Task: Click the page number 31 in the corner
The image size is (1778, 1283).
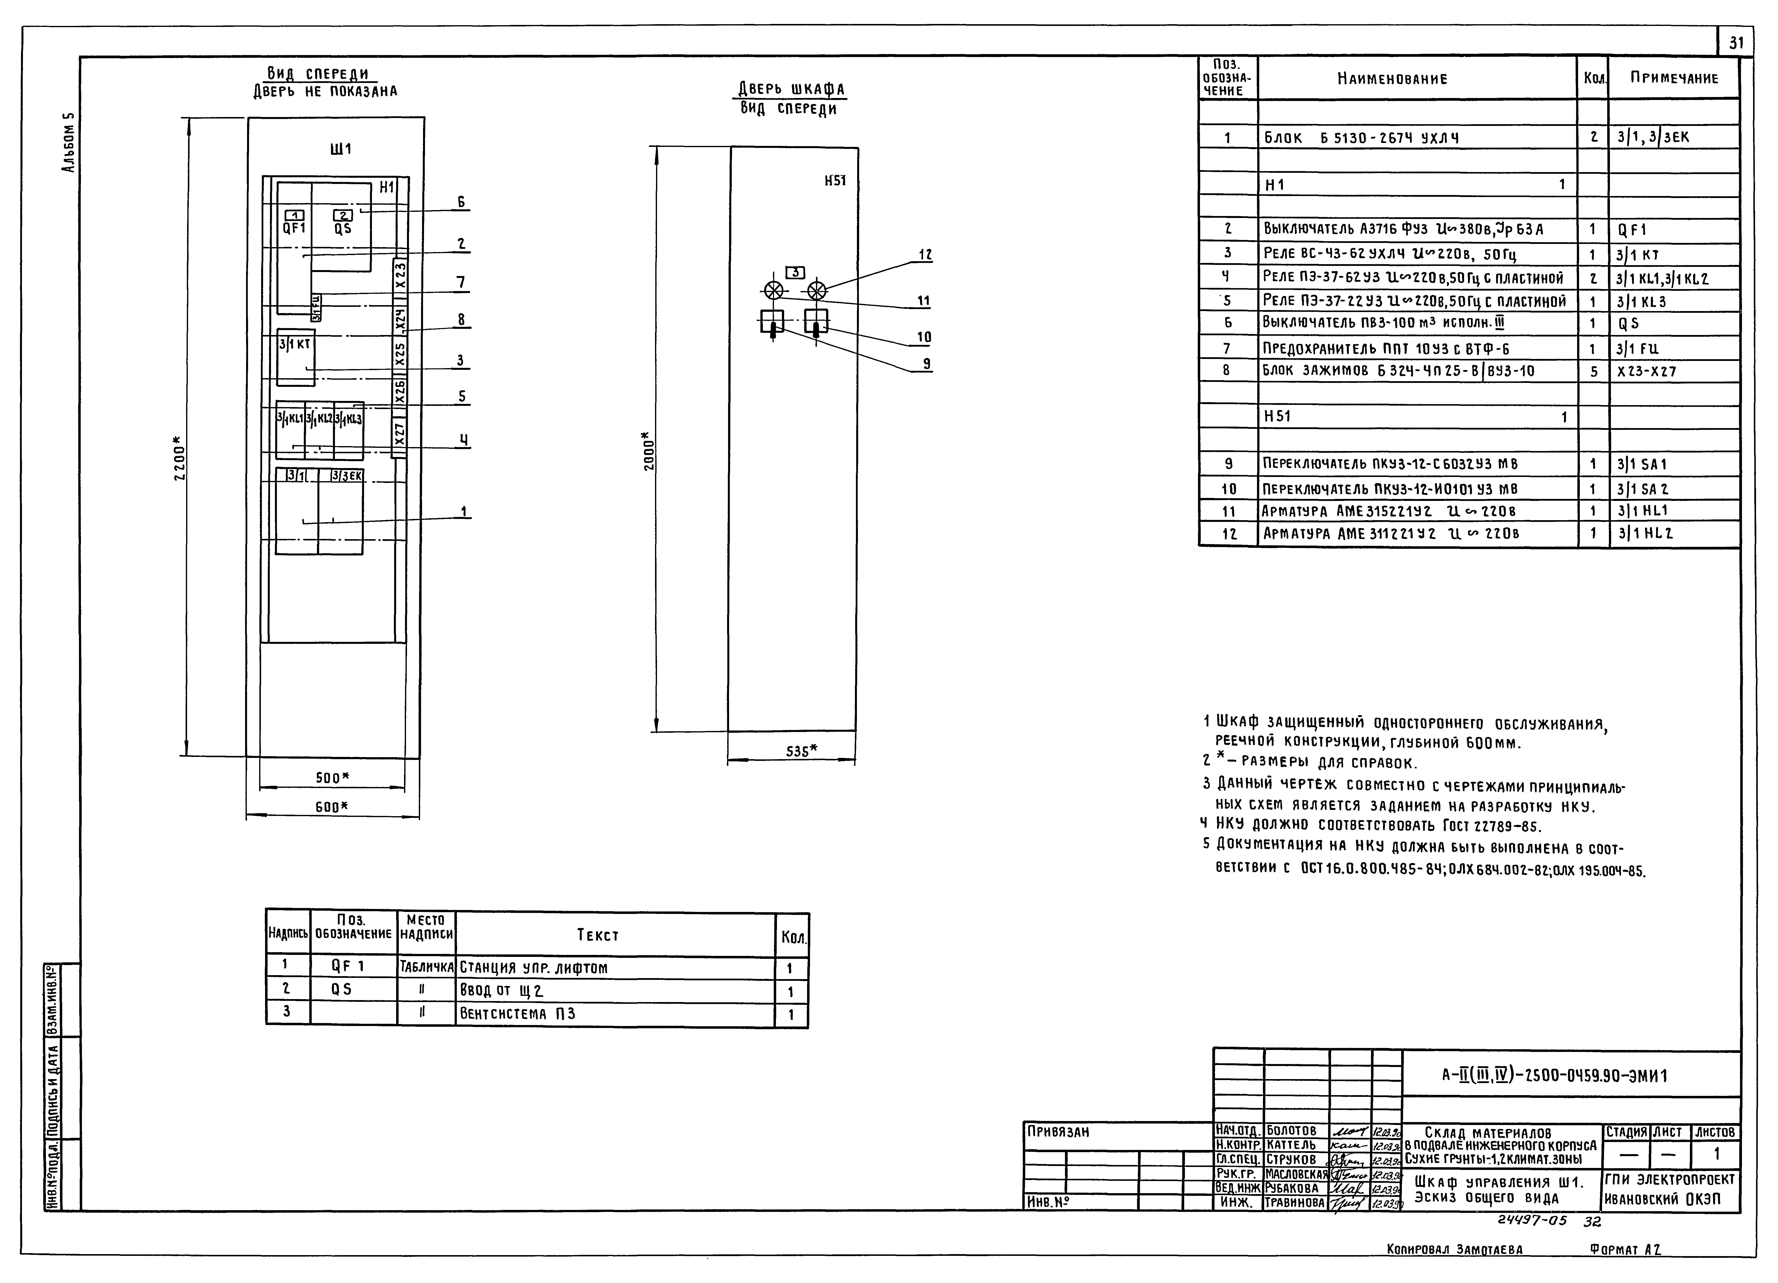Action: point(1736,42)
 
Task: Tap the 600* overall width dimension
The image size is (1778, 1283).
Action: point(332,806)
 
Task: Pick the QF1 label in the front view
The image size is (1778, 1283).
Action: point(294,228)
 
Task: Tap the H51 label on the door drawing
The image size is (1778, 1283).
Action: point(835,180)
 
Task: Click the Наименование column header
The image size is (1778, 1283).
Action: point(1392,79)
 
